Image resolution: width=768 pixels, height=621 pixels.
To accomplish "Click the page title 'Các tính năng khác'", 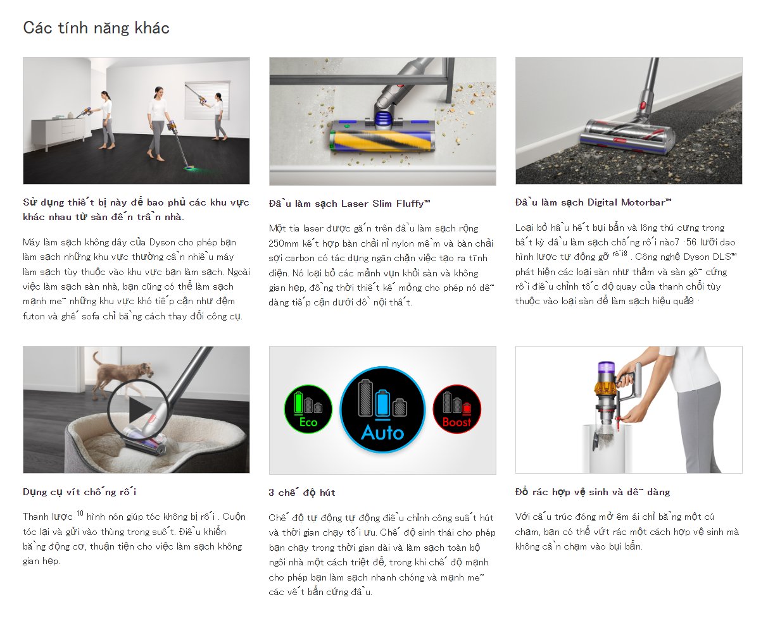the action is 96,28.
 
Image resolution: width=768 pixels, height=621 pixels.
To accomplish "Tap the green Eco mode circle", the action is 308,409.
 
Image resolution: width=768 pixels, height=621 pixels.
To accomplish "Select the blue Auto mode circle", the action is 382,410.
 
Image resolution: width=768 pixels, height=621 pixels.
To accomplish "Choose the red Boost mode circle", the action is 457,409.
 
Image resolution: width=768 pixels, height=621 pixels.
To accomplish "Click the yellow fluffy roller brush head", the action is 382,141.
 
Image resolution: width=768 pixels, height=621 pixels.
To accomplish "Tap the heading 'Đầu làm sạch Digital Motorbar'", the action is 593,202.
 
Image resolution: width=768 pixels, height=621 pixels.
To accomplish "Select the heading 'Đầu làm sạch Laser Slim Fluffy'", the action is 349,204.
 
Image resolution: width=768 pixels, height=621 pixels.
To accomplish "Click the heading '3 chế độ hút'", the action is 302,492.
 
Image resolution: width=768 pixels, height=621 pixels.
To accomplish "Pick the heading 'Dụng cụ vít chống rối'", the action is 80,492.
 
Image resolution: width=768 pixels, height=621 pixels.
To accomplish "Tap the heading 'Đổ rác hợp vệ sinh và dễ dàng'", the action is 593,492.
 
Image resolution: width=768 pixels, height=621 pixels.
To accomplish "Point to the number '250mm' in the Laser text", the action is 284,243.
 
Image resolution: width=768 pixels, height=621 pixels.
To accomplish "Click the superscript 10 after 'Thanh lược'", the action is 80,513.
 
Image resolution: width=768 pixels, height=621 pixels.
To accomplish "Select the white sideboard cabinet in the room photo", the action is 58,132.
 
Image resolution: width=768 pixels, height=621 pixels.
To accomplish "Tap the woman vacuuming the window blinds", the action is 219,116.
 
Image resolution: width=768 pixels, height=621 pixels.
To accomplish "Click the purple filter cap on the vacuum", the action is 606,367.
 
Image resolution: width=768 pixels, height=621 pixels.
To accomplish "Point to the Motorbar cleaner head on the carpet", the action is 627,136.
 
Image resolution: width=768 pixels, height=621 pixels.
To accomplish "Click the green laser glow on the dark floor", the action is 189,168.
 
